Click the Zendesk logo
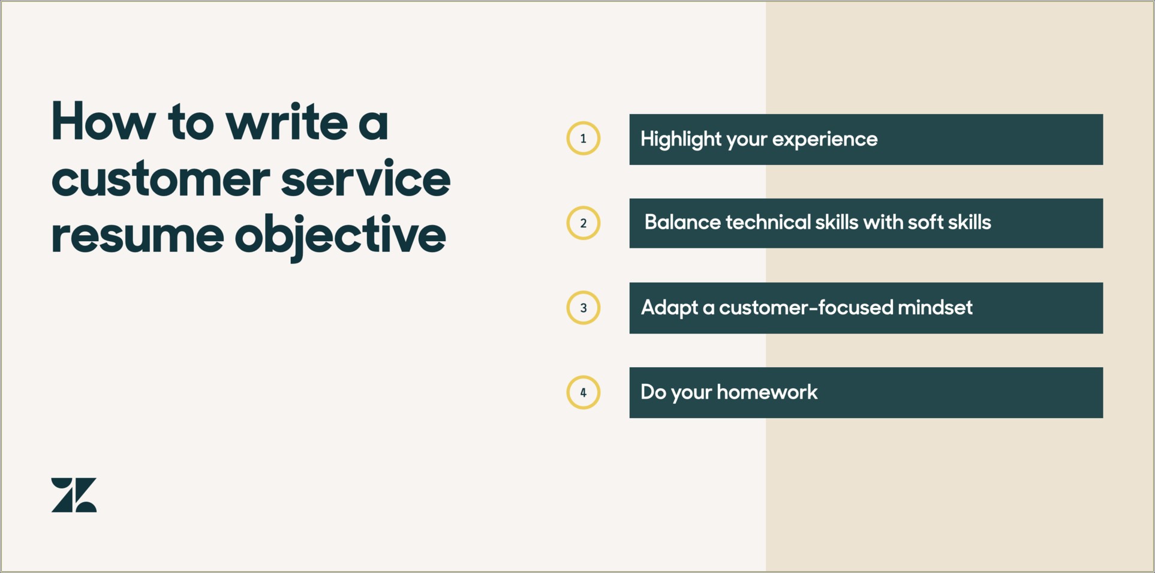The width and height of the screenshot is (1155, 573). tap(74, 495)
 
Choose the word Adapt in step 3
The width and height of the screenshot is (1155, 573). tap(669, 308)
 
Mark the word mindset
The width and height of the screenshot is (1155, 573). tap(935, 308)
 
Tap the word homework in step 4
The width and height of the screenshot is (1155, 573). tap(767, 392)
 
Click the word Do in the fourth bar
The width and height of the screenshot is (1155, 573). tap(653, 392)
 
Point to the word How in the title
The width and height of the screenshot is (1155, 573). tap(103, 122)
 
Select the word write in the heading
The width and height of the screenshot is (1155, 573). tap(287, 122)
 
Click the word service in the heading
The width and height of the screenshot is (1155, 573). tap(365, 179)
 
